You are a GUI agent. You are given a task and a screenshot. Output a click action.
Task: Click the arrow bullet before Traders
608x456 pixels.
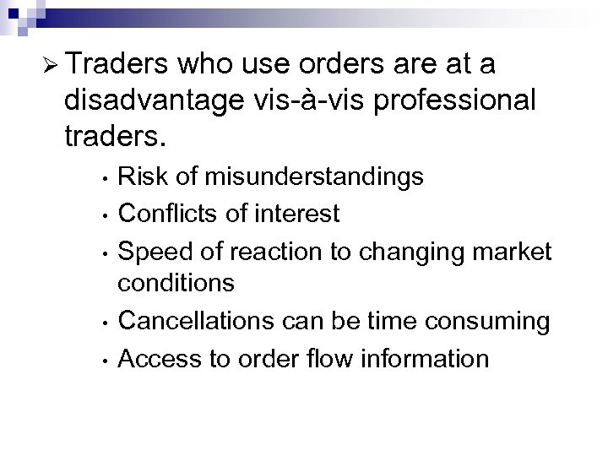click(46, 67)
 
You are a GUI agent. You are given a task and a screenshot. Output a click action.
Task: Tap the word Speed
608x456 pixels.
click(154, 251)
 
